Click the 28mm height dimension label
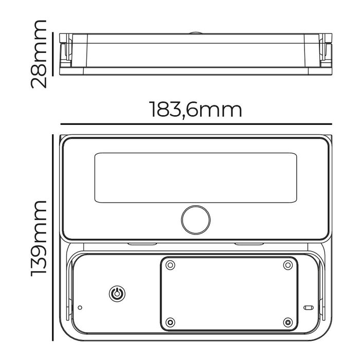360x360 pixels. (x=39, y=54)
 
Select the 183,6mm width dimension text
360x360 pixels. (x=195, y=110)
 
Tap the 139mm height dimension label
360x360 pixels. (x=39, y=239)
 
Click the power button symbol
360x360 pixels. (x=117, y=294)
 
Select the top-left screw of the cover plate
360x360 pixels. (x=170, y=265)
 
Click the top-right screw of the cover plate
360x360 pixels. (x=288, y=265)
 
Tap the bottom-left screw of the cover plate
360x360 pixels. (x=170, y=322)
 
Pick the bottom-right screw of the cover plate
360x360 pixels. (x=288, y=322)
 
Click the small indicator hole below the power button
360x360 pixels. (x=80, y=308)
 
